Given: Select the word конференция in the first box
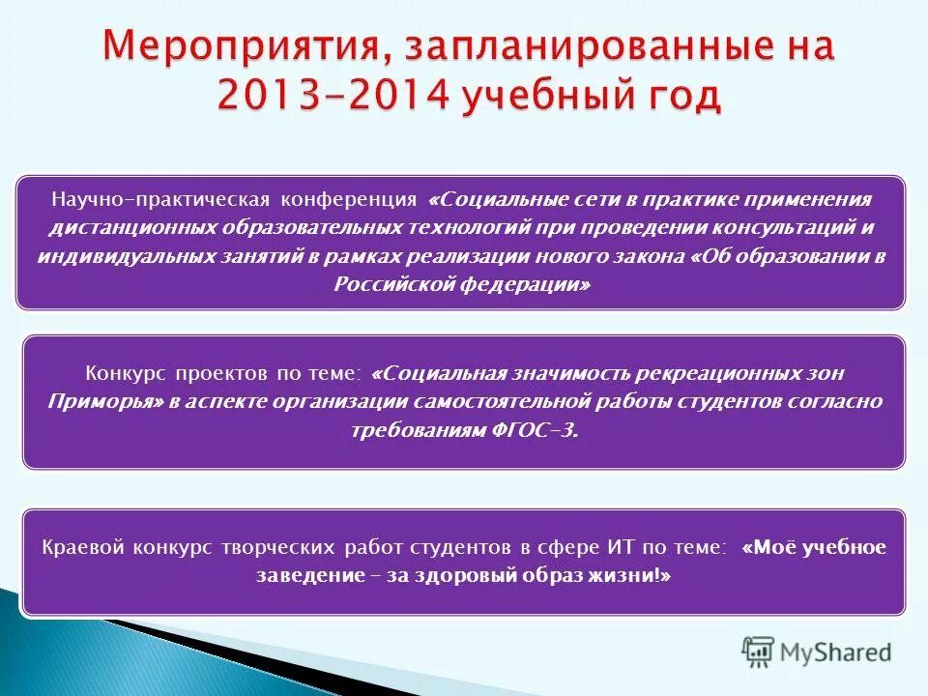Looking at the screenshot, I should pos(349,199).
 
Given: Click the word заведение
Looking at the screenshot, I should pos(304,576).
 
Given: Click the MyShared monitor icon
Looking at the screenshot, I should pos(758,652).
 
